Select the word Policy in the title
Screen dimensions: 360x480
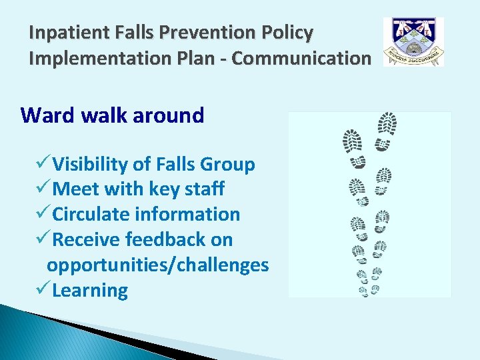[291, 32]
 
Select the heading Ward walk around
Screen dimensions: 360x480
[112, 115]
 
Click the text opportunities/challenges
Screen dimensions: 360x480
[157, 265]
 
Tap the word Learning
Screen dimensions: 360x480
[90, 291]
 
